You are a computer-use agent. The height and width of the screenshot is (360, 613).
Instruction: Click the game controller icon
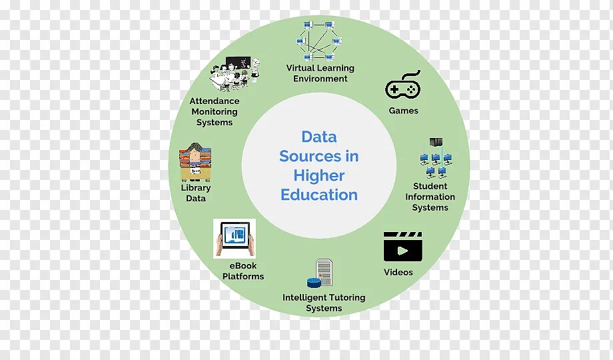pos(403,87)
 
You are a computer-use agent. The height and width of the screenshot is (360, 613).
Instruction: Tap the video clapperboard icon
pos(402,247)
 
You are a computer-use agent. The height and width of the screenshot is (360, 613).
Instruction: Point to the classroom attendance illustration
pos(233,73)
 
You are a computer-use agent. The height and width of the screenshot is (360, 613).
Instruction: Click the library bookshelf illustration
pos(195,162)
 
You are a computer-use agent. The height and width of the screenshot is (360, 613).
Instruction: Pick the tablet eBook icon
pos(234,238)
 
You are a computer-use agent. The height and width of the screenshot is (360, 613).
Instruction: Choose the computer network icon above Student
pos(435,158)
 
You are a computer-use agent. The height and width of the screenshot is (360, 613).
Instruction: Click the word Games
pos(404,111)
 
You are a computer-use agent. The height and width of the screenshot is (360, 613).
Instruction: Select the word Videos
pos(398,272)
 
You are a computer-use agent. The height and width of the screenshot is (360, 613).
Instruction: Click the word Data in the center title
pos(319,137)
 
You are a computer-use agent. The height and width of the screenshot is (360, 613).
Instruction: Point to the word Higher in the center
pos(319,175)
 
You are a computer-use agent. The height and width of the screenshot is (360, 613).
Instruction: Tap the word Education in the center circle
pos(319,195)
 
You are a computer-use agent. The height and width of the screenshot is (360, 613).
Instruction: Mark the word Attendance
pos(215,101)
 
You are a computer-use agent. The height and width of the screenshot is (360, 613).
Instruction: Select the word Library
pos(196,188)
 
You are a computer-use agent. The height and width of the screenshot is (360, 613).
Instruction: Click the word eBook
pos(243,265)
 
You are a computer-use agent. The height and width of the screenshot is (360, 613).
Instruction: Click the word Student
pos(430,186)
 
